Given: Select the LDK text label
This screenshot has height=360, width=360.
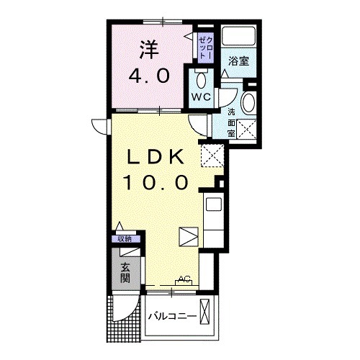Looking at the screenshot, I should click(158, 157).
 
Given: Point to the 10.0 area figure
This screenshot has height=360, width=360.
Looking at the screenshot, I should click(158, 182).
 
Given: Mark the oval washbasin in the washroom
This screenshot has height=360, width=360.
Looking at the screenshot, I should click(248, 102).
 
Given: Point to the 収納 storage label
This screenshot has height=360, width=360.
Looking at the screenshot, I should click(124, 239).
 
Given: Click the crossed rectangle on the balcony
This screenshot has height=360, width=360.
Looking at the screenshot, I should click(206, 313).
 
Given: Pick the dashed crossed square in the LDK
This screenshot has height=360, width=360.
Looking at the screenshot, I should click(211, 154).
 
